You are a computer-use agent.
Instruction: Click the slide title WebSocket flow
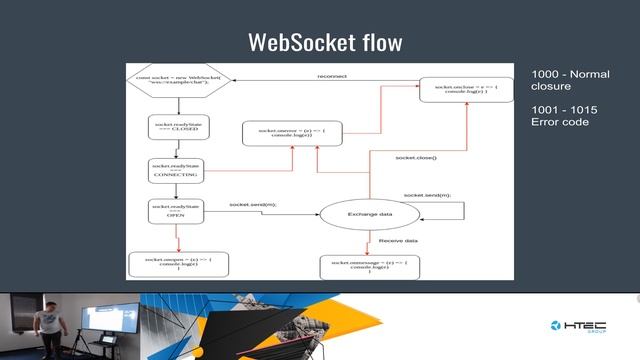coord(325,43)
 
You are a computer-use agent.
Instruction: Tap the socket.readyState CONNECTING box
coord(175,170)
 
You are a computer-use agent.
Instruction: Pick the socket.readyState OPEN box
coord(175,210)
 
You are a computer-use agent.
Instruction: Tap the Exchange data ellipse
coord(369,215)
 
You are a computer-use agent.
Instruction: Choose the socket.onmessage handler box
coord(370,266)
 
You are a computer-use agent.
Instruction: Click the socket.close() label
coord(416,158)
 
